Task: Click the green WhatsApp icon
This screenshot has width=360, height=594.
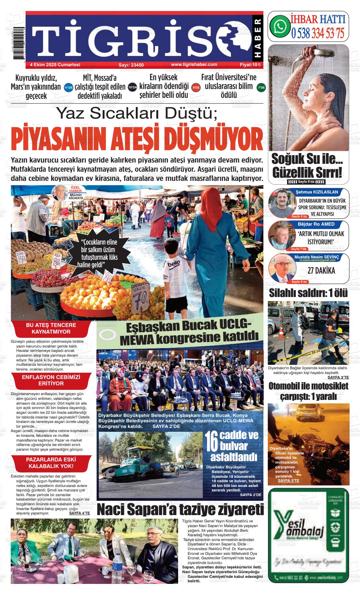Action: point(280,26)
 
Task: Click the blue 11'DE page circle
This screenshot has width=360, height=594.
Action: point(69,87)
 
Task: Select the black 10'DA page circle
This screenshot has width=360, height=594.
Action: point(133,87)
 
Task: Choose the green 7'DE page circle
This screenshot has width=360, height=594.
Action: point(261,87)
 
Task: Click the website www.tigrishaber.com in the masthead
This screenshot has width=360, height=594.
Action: point(194,64)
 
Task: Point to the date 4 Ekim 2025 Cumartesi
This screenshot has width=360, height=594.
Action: point(55,65)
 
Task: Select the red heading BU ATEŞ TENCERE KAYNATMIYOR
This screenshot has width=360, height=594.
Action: point(51,328)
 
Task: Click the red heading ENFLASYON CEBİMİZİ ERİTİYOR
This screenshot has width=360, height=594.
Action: point(51,380)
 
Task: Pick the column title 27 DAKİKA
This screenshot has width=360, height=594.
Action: point(321,270)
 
